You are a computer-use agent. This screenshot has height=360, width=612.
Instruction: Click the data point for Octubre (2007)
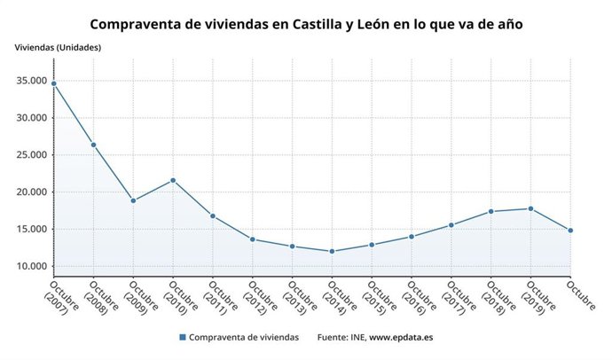tap(53, 83)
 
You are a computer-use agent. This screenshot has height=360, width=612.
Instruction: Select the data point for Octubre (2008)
tap(93, 145)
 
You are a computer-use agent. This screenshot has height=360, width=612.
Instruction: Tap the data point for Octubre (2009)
tap(133, 200)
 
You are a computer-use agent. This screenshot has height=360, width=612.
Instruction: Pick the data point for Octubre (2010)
tap(173, 180)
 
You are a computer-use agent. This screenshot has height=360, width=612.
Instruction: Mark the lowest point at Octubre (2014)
tap(332, 251)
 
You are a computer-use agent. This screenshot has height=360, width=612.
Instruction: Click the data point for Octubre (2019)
tap(530, 208)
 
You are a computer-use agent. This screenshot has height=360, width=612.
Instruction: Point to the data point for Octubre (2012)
tap(253, 239)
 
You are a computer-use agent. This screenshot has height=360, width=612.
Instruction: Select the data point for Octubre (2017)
tap(451, 225)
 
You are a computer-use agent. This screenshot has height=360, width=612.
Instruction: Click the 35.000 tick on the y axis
tap(31, 81)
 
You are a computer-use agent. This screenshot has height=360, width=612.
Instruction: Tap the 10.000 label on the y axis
tap(31, 266)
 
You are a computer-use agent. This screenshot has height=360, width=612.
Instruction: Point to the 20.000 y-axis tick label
tap(31, 192)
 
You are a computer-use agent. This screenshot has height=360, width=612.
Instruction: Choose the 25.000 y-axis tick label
tap(31, 155)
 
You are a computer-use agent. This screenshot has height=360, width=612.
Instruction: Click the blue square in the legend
tap(183, 338)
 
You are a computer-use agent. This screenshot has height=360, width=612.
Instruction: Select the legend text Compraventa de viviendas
tap(245, 338)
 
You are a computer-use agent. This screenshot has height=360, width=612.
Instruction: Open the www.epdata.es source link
tap(400, 338)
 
